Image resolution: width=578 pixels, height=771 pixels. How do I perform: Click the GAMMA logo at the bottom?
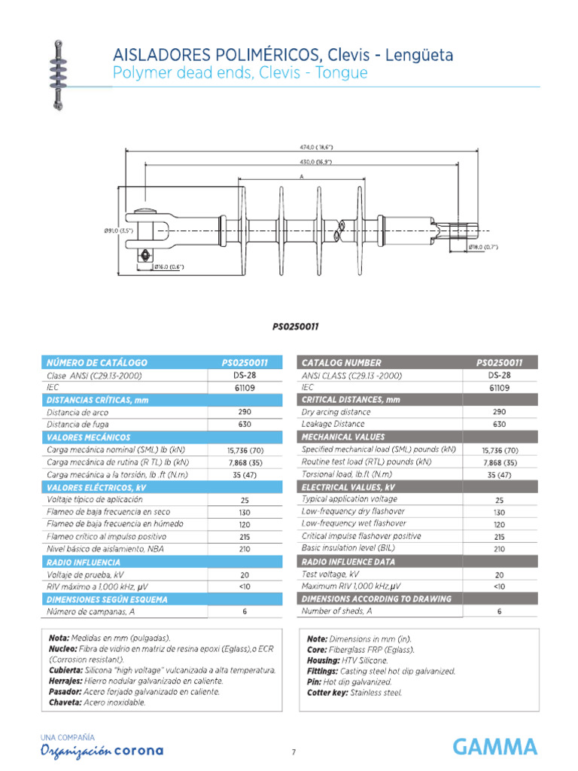pyautogui.click(x=494, y=747)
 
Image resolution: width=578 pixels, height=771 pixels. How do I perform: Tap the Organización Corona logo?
pyautogui.click(x=101, y=750)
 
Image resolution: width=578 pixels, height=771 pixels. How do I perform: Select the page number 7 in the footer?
pyautogui.click(x=294, y=751)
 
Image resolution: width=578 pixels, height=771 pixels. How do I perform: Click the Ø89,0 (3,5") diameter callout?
pyautogui.click(x=117, y=231)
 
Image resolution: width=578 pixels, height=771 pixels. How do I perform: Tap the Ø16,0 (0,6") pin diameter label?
pyautogui.click(x=168, y=267)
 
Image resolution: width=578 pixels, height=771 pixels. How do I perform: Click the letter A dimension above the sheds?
pyautogui.click(x=301, y=175)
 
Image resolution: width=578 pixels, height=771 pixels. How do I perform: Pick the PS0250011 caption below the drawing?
pyautogui.click(x=295, y=327)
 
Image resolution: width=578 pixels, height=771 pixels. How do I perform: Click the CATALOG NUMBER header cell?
pyautogui.click(x=341, y=362)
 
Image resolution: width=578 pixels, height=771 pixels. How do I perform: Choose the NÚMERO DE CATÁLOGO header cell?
pyautogui.click(x=97, y=362)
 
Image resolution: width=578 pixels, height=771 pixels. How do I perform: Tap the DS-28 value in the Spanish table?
pyautogui.click(x=245, y=375)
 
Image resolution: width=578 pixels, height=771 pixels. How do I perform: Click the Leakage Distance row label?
pyautogui.click(x=333, y=424)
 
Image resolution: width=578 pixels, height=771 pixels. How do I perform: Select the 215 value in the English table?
pyautogui.click(x=499, y=537)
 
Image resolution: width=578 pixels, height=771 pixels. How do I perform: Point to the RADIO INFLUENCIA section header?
pyautogui.click(x=84, y=562)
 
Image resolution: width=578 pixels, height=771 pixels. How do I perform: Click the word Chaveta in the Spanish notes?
pyautogui.click(x=65, y=702)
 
